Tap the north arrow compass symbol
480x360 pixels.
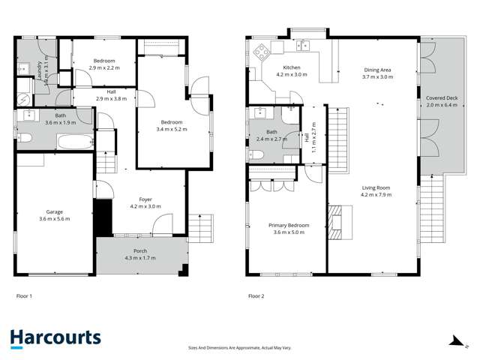pos(455,340)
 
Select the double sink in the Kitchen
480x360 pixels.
pos(304,46)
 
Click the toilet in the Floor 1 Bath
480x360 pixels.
pos(22,138)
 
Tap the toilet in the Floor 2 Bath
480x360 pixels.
pos(256,155)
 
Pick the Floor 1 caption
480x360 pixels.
pos(25,296)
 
